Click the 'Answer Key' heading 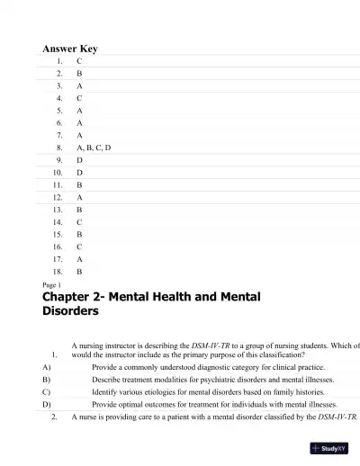click(70, 49)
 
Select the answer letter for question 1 click(79, 60)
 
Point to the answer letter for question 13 click(79, 208)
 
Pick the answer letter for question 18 click(79, 270)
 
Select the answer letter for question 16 click(79, 245)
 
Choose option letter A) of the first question click(46, 367)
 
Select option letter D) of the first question click(46, 405)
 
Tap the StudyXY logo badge click(328, 447)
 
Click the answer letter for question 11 click(79, 183)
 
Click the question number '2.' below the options click(55, 417)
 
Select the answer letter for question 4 click(79, 96)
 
